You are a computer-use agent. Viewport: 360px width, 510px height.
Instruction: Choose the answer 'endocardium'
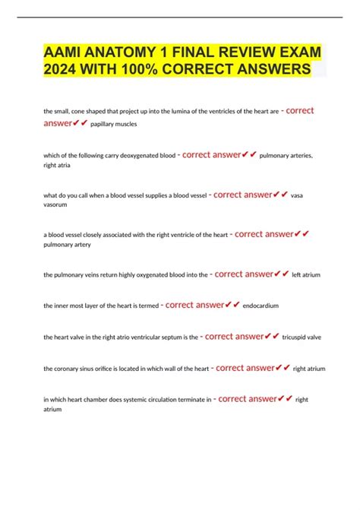[261, 306]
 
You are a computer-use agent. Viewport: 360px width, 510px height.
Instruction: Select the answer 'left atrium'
[307, 274]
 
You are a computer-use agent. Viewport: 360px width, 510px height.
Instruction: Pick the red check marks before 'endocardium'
[232, 305]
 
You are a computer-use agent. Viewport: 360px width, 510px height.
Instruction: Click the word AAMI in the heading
[60, 54]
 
